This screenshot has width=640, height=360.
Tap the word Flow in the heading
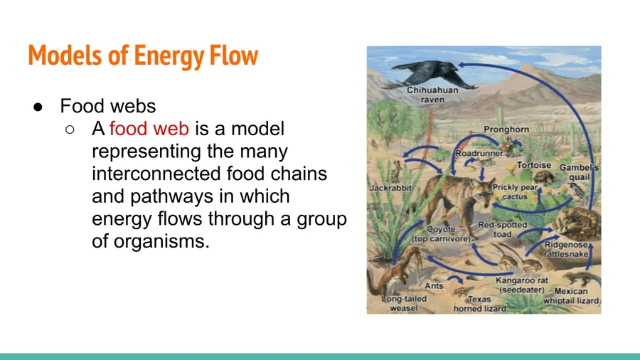pos(234,55)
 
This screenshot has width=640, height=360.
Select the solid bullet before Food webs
pos(38,107)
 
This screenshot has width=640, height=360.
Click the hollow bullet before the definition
pos(70,129)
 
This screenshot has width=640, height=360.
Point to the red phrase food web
pos(149,129)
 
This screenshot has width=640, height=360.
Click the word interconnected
pos(156,174)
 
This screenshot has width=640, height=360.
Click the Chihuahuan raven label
pos(432,95)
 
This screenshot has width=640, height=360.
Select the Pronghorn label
pos(506,129)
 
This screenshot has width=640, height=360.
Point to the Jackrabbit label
pos(390,188)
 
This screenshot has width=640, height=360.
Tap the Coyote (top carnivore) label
pos(441,234)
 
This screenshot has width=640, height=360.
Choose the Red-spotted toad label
pos(503,229)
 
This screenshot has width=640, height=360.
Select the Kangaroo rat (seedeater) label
pos(522,285)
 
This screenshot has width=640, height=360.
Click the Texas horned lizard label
pos(479,304)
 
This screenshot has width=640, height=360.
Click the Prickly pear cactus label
pos(515,192)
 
